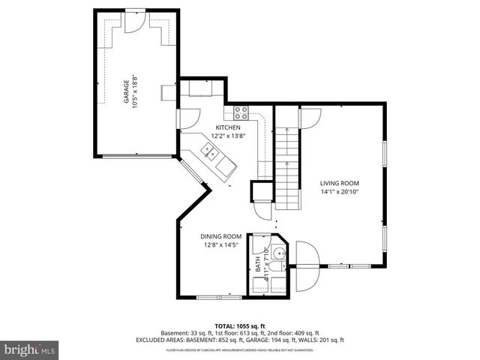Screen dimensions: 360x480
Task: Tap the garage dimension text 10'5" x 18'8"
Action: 136,91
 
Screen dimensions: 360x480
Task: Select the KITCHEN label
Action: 228,127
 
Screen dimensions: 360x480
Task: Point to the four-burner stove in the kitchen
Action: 241,113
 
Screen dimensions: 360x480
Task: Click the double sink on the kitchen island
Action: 211,154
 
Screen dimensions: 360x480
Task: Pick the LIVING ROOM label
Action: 340,183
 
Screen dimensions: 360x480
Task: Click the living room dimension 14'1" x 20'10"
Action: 340,192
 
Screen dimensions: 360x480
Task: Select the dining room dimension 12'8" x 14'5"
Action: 219,244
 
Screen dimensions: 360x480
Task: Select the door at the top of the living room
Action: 309,117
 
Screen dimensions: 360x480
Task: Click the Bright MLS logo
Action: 30,349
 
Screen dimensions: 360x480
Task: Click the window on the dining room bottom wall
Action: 220,298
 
